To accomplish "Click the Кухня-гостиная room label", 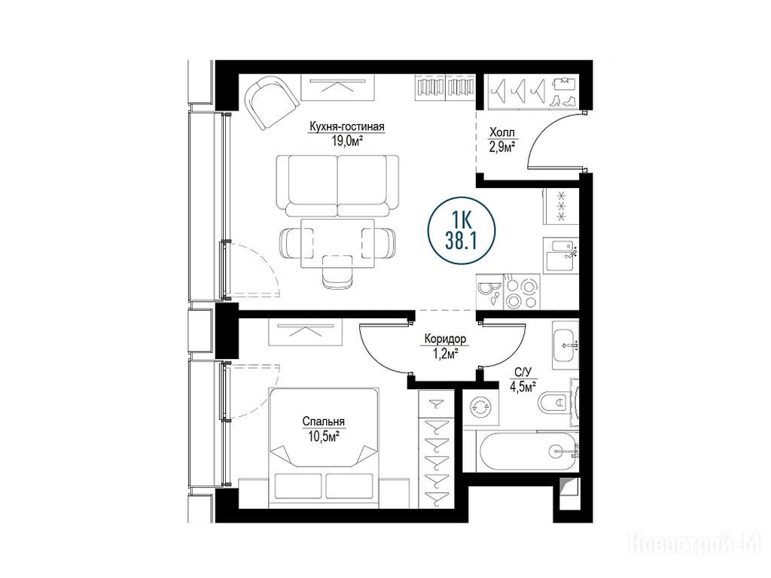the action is [x=346, y=126].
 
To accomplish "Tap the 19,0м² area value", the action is [x=347, y=141].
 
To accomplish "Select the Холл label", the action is [x=502, y=132].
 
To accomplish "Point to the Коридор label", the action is [x=445, y=339].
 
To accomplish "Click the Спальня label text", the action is [x=323, y=421].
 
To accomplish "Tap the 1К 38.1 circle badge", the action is [x=462, y=230].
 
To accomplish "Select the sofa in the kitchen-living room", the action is [x=337, y=186].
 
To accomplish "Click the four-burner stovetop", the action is [x=521, y=293].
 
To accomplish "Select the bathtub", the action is [x=529, y=452].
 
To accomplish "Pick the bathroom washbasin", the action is [x=565, y=345].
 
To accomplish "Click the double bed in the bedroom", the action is [x=324, y=449].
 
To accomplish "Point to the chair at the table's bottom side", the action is [x=337, y=277].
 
